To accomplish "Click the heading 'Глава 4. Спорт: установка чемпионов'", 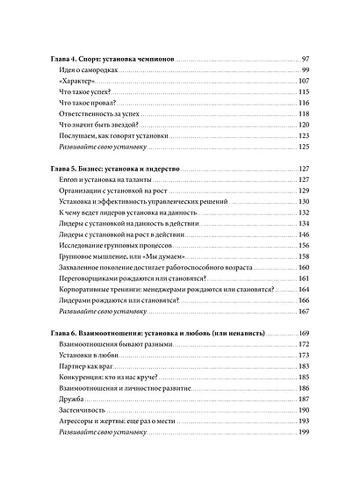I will (109, 58).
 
